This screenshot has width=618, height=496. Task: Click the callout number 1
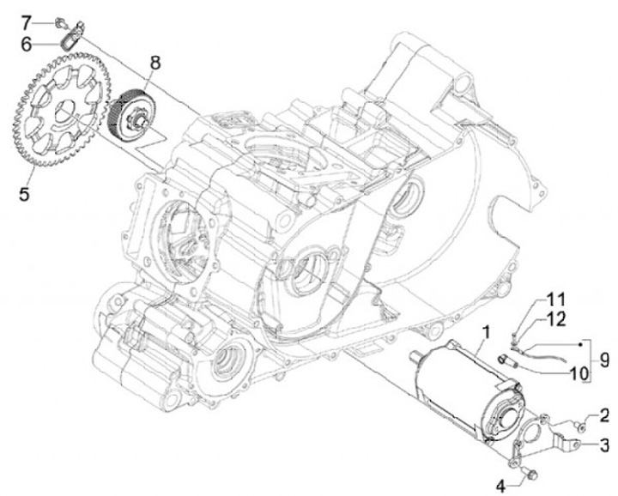tap(486, 332)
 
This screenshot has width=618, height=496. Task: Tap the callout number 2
tap(604, 416)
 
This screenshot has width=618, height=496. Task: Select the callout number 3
tap(604, 445)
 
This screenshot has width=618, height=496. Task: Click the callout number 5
tap(25, 195)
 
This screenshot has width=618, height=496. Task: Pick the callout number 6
tap(26, 41)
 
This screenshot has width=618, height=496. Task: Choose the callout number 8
tap(155, 63)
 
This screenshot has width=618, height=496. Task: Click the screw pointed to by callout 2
tap(580, 421)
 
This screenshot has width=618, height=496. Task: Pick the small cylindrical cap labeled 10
tap(505, 358)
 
